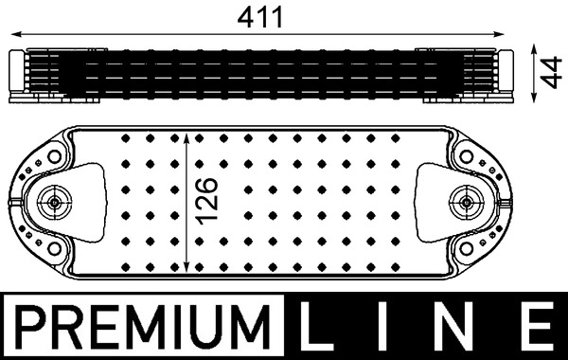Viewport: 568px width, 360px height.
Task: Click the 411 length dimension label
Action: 259,18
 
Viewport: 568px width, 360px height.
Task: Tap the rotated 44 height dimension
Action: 551,72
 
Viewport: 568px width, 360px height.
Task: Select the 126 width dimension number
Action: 206,201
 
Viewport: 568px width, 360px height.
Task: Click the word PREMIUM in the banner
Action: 143,327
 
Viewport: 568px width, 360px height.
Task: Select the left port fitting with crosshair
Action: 54,203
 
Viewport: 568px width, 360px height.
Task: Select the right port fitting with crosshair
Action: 467,203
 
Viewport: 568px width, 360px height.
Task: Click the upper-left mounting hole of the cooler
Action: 54,157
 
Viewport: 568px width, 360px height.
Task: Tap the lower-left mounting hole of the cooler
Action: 54,249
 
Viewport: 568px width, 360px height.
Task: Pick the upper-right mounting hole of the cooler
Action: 466,157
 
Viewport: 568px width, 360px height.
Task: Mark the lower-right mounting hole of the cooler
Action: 466,249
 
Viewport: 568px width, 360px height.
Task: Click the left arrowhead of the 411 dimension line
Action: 15,34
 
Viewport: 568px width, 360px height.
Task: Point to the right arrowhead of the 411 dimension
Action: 500,34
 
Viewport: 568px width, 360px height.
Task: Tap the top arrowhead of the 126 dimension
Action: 186,137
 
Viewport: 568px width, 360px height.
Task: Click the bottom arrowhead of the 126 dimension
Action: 186,267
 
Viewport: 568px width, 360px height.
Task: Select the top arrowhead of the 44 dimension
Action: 533,49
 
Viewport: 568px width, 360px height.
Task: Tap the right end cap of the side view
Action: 506,71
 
